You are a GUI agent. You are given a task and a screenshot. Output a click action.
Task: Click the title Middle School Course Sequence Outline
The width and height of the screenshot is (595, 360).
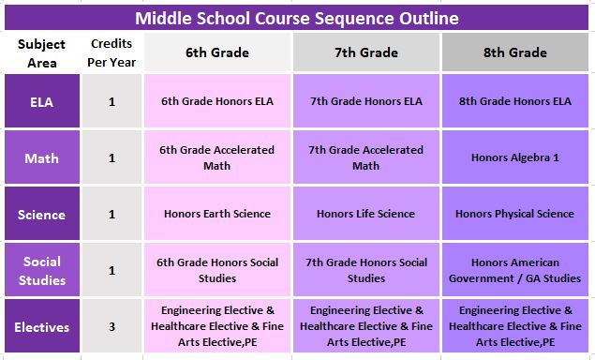[297, 18]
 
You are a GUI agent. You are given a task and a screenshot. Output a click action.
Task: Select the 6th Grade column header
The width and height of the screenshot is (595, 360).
[216, 52]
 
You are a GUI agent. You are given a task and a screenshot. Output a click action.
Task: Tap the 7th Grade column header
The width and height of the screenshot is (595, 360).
[365, 52]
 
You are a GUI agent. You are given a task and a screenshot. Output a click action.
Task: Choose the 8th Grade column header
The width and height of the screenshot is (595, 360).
[515, 52]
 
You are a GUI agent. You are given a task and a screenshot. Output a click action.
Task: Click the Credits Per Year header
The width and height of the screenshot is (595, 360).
[112, 52]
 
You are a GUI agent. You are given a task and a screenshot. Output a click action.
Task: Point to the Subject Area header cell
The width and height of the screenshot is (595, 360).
[42, 52]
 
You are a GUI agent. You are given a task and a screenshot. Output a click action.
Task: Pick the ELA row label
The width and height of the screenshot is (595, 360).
[42, 101]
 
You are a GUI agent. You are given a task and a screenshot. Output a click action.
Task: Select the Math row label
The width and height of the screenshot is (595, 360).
[42, 157]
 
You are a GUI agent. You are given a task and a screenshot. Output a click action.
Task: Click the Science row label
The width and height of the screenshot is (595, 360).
[42, 214]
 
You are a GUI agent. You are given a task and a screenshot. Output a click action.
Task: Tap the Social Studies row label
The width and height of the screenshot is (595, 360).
[42, 270]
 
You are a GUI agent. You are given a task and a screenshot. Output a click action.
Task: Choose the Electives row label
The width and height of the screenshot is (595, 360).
[42, 327]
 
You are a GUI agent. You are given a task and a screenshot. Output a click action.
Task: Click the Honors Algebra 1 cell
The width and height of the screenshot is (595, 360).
[515, 157]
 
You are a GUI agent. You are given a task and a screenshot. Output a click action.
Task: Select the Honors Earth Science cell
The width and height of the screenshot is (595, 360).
[216, 214]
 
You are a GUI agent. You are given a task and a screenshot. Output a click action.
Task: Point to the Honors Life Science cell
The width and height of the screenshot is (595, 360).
[365, 214]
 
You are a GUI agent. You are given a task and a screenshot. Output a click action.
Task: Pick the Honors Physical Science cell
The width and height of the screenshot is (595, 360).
[515, 214]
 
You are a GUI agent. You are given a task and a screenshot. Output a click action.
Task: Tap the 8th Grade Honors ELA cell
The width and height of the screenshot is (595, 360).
[515, 101]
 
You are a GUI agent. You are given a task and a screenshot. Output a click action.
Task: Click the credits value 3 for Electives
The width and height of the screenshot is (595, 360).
[112, 327]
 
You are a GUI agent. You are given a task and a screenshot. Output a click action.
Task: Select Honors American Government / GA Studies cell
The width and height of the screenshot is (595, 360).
[515, 270]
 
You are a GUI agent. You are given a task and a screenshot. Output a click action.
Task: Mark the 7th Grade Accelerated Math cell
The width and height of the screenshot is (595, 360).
[365, 157]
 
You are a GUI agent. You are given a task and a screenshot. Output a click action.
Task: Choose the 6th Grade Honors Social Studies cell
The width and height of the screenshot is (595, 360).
[216, 270]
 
